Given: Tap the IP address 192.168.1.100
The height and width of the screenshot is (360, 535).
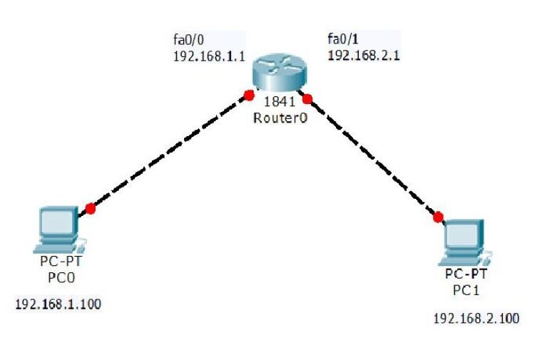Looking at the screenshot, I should coord(58,304).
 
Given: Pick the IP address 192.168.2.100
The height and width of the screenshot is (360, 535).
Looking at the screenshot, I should coord(477,318).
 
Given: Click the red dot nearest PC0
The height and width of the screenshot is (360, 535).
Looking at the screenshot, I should coord(90,208).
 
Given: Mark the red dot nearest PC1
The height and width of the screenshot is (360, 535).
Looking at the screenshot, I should coord(438,216).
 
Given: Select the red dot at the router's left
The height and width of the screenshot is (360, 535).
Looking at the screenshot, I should coord(248,95).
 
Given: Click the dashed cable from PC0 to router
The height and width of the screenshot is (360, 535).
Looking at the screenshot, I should coord(169,151).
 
